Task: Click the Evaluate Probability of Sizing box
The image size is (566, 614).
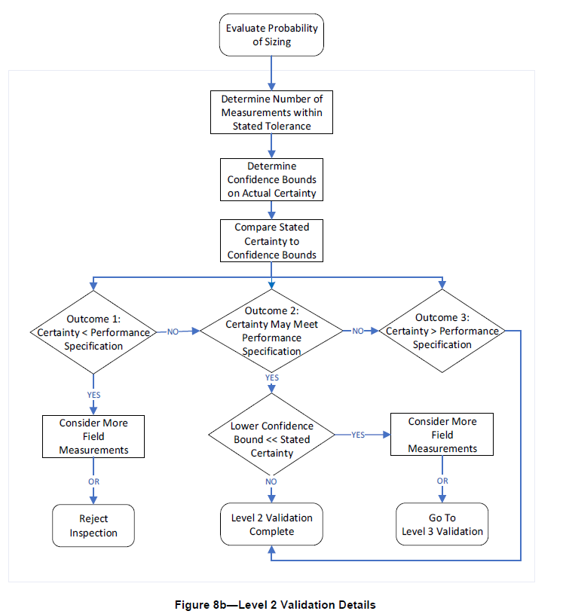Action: [271, 35]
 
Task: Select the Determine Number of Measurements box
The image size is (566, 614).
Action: [271, 112]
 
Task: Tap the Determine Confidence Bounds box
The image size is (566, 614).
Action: [271, 180]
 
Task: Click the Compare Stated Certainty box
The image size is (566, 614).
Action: [271, 241]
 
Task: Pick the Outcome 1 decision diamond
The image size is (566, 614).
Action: [93, 331]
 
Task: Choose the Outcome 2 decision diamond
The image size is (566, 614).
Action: [271, 331]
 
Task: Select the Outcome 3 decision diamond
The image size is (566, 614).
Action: [442, 331]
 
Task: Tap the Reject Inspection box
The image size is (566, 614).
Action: [93, 525]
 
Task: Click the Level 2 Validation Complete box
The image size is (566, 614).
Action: [271, 524]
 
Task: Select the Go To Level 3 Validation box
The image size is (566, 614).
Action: [442, 524]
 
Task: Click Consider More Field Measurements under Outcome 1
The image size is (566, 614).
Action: [93, 436]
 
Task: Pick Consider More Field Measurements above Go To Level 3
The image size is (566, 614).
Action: [442, 434]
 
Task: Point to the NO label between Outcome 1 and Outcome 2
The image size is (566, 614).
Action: [173, 331]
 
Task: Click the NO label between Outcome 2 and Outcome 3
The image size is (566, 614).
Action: [359, 331]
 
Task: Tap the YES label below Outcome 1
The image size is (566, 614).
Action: [93, 394]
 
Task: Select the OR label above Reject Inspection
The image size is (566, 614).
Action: [93, 481]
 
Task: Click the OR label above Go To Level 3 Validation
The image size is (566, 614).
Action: [442, 480]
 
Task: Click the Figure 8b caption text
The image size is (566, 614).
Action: [274, 604]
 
